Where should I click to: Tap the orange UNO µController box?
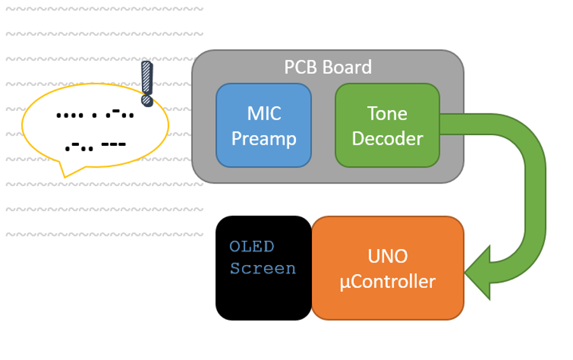pyautogui.click(x=387, y=268)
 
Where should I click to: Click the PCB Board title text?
pyautogui.click(x=328, y=67)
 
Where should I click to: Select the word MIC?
pyautogui.click(x=264, y=113)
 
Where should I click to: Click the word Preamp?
pyautogui.click(x=264, y=138)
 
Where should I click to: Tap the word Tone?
pyautogui.click(x=387, y=113)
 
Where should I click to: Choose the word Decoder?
pyautogui.click(x=387, y=138)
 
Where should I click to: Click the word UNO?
pyautogui.click(x=387, y=256)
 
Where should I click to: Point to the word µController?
pyautogui.click(x=387, y=281)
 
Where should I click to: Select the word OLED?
pyautogui.click(x=251, y=247)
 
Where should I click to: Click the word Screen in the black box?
pyautogui.click(x=263, y=268)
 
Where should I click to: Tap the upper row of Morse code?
pyautogui.click(x=95, y=115)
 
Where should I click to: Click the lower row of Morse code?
pyautogui.click(x=95, y=145)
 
